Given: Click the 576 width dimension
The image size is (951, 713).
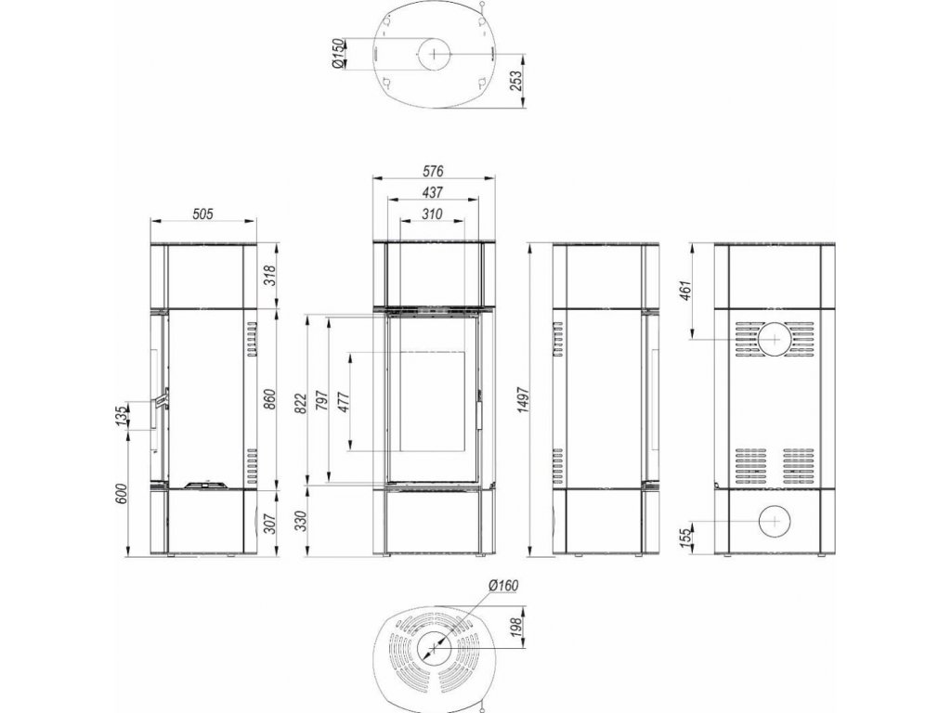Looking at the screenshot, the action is pos(434,171).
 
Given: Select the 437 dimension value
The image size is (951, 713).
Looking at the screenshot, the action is pos(433,192).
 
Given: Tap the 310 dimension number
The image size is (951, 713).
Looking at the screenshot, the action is pos(433,214).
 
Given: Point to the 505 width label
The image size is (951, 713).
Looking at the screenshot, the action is pos(203,214).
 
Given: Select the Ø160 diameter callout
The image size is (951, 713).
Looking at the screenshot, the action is pos(503,585).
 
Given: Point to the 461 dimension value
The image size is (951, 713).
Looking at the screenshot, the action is pos(684,292).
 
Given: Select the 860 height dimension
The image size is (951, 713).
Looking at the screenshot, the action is pos(270,399).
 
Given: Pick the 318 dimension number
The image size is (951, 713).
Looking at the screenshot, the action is pos(270,276).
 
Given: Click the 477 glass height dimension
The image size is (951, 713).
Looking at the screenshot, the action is pos(344,401).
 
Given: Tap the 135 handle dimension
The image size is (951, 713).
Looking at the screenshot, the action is pos(123,415).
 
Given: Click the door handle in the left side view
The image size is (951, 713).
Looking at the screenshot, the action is pos(161,400).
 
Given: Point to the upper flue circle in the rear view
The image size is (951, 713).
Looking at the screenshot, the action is pos(775,339).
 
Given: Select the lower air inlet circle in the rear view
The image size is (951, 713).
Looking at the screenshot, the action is pos(775,520).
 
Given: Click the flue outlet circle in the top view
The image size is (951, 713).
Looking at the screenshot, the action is pos(433,53).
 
